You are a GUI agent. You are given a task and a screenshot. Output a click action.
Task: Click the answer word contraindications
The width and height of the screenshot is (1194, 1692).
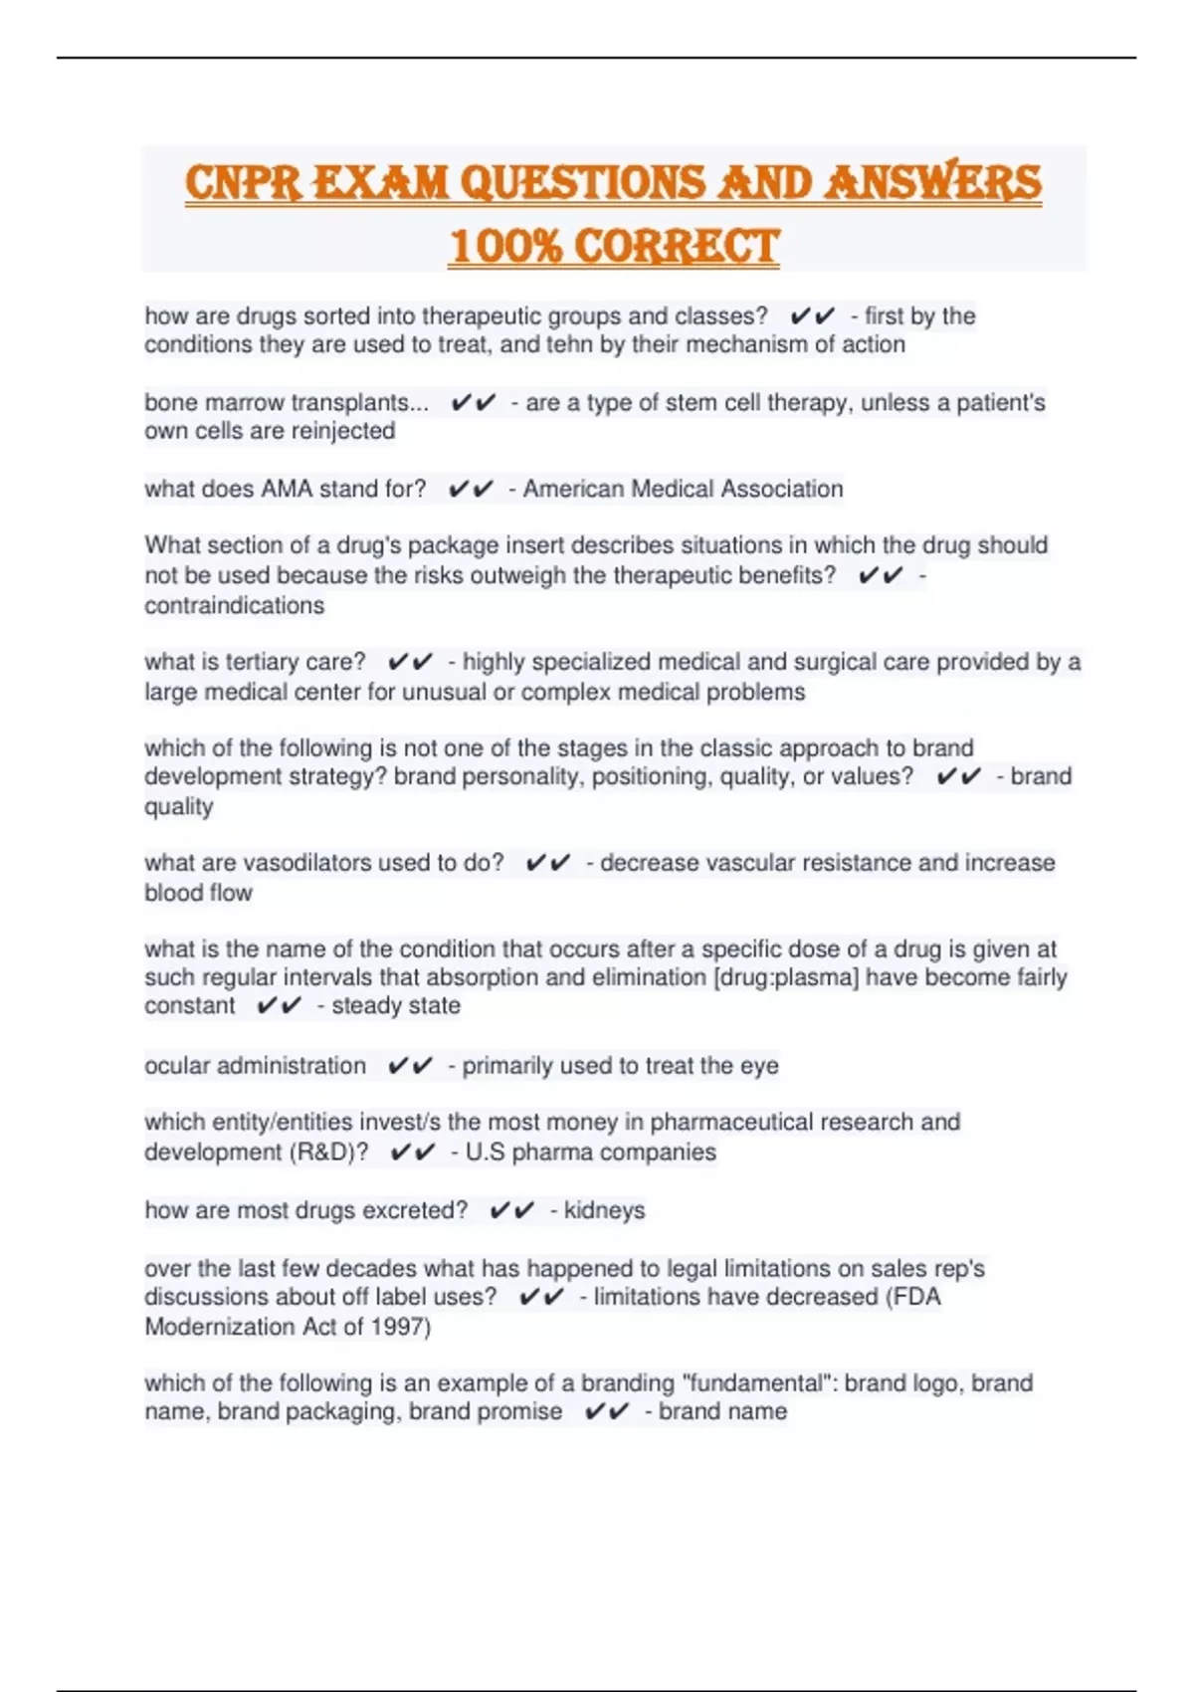[234, 605]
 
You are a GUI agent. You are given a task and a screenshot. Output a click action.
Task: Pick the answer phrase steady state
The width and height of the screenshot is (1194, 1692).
[396, 1005]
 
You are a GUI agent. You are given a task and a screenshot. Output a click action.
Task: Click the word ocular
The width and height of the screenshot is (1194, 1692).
[177, 1066]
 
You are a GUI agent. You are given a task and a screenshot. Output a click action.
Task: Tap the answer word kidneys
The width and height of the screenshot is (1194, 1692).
[604, 1210]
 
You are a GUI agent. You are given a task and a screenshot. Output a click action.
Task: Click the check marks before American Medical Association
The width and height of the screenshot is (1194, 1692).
[471, 489]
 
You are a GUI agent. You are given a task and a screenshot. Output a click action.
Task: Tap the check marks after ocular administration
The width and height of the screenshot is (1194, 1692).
[410, 1066]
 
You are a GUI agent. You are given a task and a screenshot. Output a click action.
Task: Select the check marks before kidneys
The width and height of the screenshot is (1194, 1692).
[511, 1210]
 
